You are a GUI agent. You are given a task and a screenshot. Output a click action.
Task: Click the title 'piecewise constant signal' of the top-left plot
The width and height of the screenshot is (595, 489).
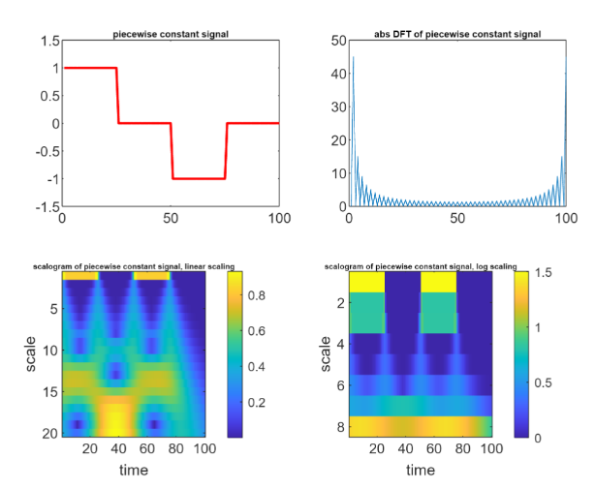(171, 34)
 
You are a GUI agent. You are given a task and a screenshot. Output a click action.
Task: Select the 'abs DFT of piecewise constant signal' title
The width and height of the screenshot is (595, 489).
(457, 34)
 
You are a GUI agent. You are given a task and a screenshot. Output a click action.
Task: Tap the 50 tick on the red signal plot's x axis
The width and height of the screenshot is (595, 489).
(171, 218)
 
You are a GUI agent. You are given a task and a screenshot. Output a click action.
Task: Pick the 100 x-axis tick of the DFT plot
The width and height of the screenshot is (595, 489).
(566, 218)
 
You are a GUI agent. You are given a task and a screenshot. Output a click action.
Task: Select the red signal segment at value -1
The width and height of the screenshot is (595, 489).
(199, 178)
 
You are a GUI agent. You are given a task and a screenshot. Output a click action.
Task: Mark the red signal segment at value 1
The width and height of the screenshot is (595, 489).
(89, 68)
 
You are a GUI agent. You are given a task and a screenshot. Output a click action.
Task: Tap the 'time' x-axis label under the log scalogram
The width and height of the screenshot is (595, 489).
(420, 470)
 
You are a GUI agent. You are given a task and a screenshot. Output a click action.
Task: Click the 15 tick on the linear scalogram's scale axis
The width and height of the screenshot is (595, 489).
(49, 391)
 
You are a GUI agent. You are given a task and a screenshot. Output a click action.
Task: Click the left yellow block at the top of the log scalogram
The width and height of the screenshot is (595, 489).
(366, 283)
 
